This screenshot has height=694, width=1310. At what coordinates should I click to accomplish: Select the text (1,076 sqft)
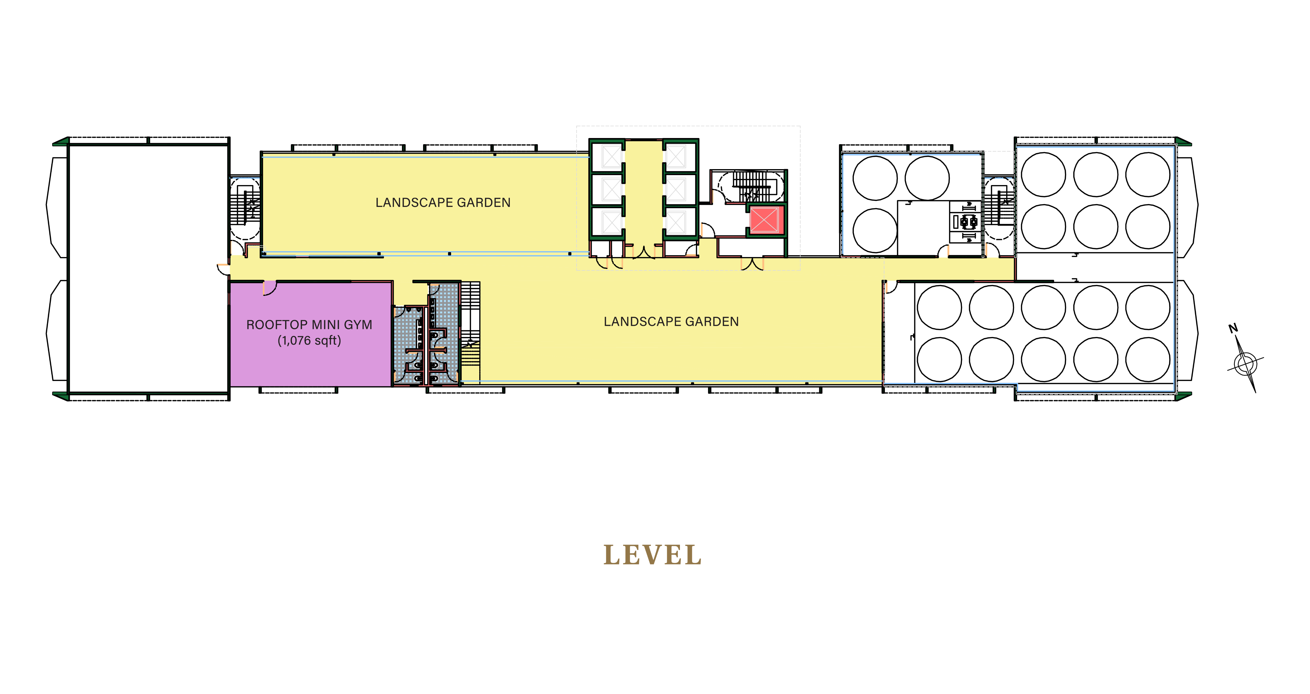309,340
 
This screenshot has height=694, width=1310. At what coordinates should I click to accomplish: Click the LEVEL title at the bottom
652,555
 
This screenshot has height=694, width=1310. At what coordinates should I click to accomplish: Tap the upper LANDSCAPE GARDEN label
443,203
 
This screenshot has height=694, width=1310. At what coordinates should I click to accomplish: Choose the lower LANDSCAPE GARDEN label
671,322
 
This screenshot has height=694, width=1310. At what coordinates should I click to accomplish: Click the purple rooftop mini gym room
311,334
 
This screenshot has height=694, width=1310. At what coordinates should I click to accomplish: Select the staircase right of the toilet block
470,331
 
